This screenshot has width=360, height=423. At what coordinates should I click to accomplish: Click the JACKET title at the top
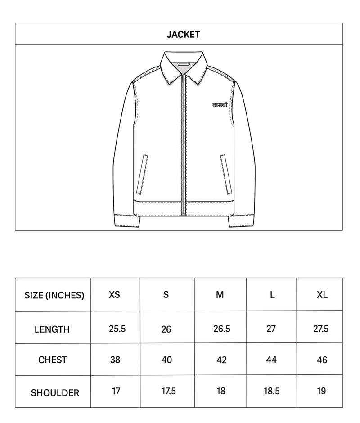pos(183,35)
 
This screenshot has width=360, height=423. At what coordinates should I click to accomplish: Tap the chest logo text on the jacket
pos(220,105)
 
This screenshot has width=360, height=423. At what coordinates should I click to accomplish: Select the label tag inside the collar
pos(184,64)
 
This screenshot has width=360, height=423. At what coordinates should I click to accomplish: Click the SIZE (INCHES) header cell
pos(54,295)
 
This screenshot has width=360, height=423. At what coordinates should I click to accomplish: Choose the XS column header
pos(115,295)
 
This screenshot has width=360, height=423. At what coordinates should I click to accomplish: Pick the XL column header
pos(322,295)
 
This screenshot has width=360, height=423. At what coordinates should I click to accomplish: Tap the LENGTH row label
pos(52,329)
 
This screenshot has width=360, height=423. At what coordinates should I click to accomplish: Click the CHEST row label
pos(53,360)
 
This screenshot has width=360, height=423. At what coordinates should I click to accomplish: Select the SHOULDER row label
pos(55,393)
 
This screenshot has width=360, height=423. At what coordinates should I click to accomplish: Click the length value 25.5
pos(117,328)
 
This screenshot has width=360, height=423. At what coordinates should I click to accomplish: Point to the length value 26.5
pos(222,328)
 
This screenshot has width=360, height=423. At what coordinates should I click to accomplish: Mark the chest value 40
pos(166,360)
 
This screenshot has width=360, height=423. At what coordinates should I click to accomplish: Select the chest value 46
pos(322,360)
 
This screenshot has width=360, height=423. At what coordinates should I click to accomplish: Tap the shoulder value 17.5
pos(168,391)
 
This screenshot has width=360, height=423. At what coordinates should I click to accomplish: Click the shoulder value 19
pos(321,391)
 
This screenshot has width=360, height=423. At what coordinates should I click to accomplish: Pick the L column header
pos(272,295)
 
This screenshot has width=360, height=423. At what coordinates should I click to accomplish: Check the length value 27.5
pos(321,328)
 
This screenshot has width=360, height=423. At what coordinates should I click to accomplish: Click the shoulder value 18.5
pos(272,391)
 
